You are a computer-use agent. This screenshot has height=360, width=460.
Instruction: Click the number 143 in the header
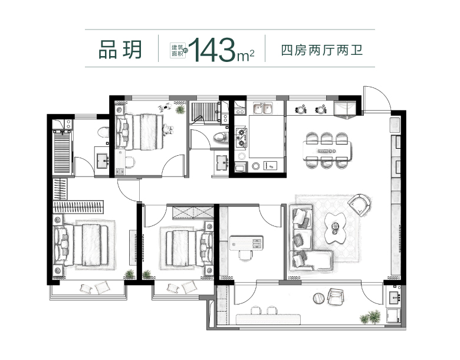point(213,50)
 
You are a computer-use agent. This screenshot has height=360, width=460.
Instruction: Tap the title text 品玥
point(120,50)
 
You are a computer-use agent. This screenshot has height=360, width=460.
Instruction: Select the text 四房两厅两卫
point(322,50)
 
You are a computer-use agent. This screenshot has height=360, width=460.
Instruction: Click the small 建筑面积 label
point(178,51)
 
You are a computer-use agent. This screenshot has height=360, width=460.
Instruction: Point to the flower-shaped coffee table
point(336,227)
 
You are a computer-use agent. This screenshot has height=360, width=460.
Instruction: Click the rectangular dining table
point(327,151)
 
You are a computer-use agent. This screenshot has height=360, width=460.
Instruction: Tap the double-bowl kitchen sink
point(263,108)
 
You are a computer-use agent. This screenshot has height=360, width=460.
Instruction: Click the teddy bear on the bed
point(167,129)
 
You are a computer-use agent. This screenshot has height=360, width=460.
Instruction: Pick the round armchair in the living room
point(359,204)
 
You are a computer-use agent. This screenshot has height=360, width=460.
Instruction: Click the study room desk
point(246,243)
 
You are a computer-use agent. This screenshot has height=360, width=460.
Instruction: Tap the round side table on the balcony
point(319,299)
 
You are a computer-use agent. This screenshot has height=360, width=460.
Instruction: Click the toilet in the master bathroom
point(102,132)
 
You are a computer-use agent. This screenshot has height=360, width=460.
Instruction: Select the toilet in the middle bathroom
point(221,137)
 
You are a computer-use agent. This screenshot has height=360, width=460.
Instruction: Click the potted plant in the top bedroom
point(179,110)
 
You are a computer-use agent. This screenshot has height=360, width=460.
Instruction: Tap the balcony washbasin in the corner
point(393,299)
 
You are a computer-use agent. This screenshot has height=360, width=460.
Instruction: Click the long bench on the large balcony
point(268,319)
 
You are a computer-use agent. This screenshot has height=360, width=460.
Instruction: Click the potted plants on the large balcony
point(370,317)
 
